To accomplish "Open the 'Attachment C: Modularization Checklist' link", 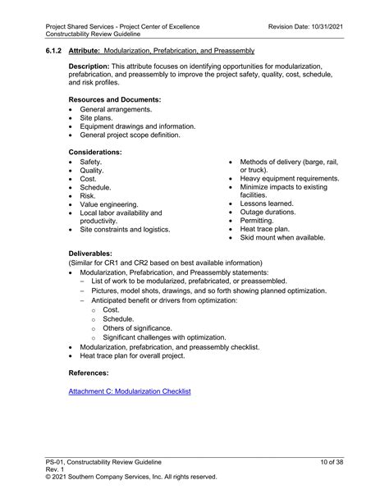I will [130, 392].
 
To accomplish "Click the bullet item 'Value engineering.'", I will [108, 204].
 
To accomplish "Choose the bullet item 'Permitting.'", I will [259, 220].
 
